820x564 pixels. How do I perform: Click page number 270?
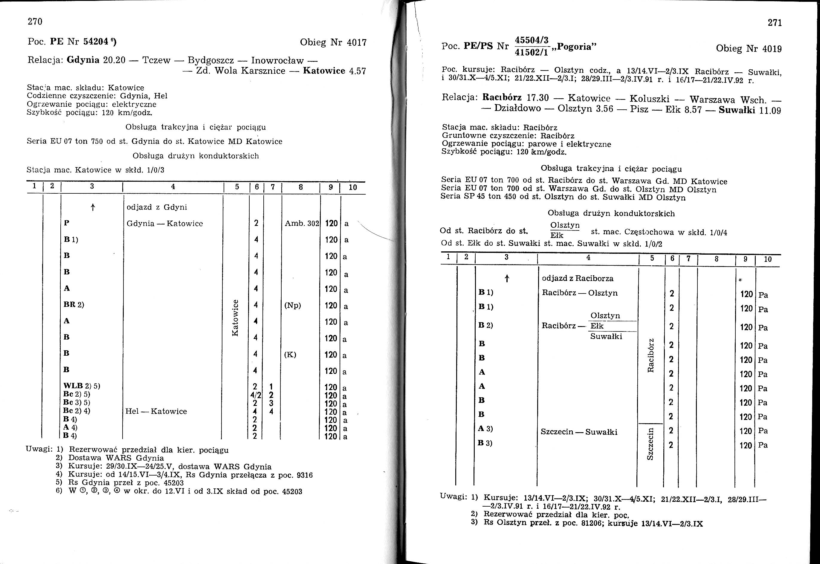tap(35, 22)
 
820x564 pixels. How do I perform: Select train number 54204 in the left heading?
tap(95, 42)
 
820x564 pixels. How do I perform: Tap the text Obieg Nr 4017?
tap(333, 42)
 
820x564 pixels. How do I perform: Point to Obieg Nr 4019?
tap(749, 48)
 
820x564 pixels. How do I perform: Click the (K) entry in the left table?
tap(290, 354)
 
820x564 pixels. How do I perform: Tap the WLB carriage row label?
tap(73, 386)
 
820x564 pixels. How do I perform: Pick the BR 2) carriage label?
tap(74, 305)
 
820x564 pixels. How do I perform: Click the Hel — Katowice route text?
tap(156, 411)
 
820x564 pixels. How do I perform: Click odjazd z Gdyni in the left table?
tap(157, 207)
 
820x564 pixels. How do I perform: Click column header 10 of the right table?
tap(768, 259)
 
